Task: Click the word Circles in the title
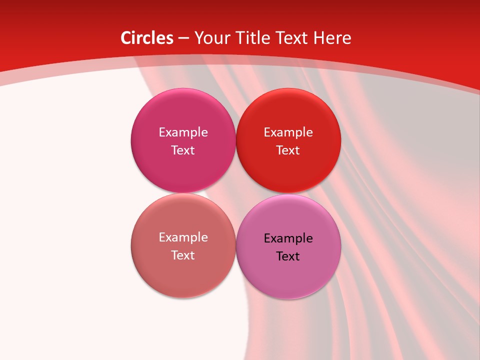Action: (x=147, y=38)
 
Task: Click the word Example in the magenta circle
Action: (x=183, y=132)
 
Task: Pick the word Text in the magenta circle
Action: (x=183, y=150)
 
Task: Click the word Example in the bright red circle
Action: (x=288, y=132)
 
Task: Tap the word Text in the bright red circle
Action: (x=288, y=150)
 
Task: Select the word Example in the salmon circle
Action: (x=183, y=237)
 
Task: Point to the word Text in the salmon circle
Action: (x=183, y=255)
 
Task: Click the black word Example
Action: (x=288, y=238)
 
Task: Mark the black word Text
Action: (x=288, y=256)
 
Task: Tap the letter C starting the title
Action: (x=126, y=38)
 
